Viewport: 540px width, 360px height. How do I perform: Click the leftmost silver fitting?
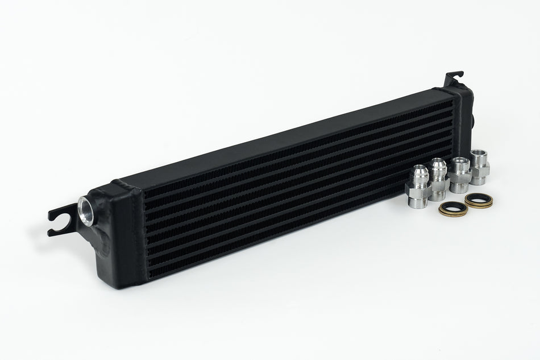point(419,187)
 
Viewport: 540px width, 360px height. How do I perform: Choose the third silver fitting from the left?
point(459,173)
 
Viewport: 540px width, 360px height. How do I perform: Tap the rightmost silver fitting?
point(479,166)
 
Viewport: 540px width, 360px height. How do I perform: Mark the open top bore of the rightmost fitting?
point(479,152)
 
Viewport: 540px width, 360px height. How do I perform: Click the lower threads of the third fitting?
point(459,187)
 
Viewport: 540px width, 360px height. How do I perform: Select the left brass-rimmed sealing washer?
point(453,209)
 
